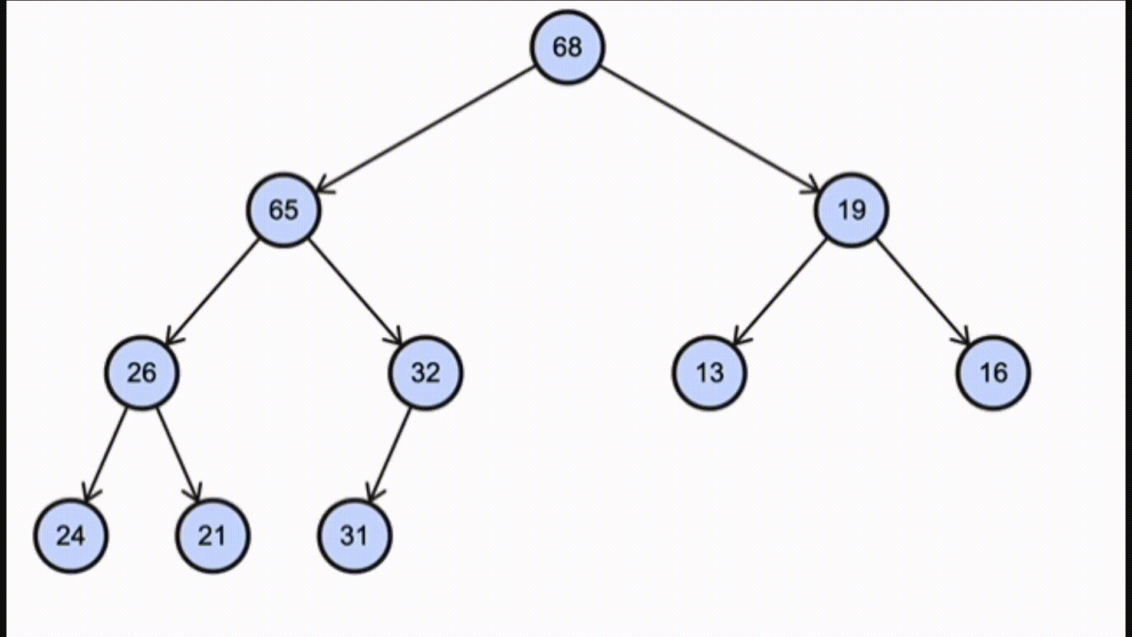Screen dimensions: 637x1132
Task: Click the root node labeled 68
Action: click(x=567, y=47)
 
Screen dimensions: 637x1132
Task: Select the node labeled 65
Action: click(x=284, y=210)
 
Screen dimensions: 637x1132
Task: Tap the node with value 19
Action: click(x=851, y=210)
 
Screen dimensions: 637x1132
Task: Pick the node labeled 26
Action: click(x=142, y=373)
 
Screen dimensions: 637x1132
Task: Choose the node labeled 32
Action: click(x=426, y=373)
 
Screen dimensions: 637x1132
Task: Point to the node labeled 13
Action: click(x=709, y=373)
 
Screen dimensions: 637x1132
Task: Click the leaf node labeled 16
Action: click(x=993, y=373)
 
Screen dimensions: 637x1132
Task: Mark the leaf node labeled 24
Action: click(x=71, y=536)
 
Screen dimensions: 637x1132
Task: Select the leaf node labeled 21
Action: click(x=212, y=536)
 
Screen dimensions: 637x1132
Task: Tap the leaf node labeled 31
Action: click(x=354, y=536)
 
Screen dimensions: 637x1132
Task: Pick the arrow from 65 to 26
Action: click(x=213, y=291)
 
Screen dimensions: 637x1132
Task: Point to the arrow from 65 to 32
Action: click(x=355, y=291)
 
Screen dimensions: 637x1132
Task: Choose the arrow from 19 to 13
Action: click(x=779, y=291)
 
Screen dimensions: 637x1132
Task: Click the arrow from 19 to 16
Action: click(x=922, y=291)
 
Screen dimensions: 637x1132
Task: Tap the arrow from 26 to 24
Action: click(x=106, y=454)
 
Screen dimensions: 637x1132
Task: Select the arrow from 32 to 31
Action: click(x=390, y=454)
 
